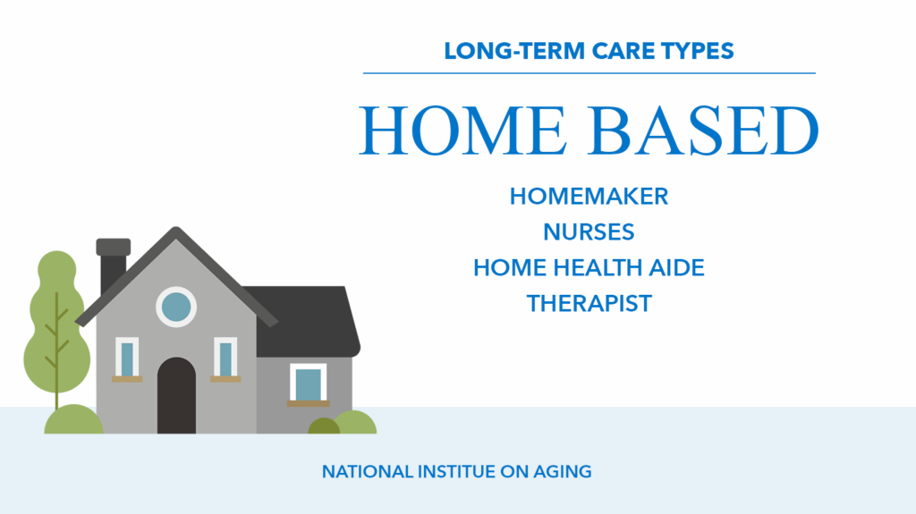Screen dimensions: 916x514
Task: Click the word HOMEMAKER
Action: tap(589, 197)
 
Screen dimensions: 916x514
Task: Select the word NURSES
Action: tap(589, 232)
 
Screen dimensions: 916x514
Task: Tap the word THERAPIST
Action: tap(589, 303)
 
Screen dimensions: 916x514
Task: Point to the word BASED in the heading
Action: tap(705, 130)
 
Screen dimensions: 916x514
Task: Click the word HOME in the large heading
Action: tap(462, 130)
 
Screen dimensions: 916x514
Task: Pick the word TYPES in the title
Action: tap(698, 51)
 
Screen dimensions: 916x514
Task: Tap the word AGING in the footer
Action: tap(563, 471)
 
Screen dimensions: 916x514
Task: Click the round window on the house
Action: tap(176, 307)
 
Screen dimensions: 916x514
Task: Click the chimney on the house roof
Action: tap(113, 265)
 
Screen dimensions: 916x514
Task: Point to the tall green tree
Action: tap(56, 327)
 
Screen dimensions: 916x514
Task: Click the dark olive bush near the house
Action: tap(324, 426)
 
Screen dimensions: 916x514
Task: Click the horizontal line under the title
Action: tap(589, 73)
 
